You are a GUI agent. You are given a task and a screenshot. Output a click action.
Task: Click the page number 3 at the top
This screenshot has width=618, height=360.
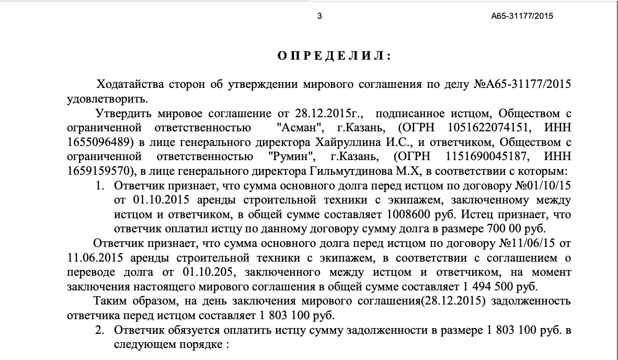pyautogui.click(x=319, y=16)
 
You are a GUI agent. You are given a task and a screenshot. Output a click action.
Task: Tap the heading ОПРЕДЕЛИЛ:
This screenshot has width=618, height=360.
pyautogui.click(x=334, y=57)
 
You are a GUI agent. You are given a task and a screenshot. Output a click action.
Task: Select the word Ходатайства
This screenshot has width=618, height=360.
pyautogui.click(x=124, y=85)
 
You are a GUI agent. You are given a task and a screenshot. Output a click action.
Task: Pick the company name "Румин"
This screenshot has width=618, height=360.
pyautogui.click(x=288, y=156)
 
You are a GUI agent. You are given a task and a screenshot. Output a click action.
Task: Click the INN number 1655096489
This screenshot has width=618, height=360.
pyautogui.click(x=98, y=142)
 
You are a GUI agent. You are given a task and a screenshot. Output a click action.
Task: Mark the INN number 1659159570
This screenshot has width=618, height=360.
pyautogui.click(x=98, y=171)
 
